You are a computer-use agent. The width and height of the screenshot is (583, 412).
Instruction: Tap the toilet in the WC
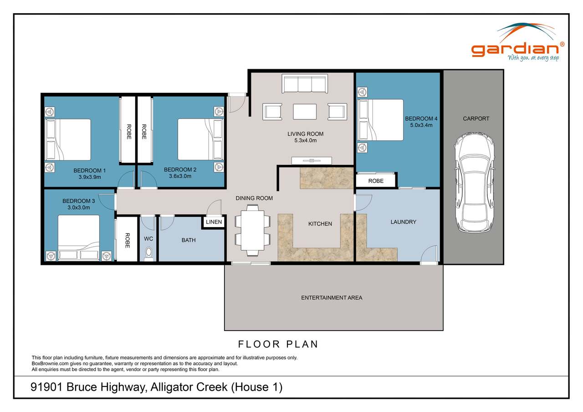tap(148, 254)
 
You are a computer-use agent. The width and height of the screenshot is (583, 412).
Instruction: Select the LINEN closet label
tap(214, 222)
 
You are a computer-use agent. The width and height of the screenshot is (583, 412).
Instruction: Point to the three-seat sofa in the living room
tap(304, 85)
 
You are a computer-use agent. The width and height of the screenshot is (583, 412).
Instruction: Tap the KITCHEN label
tap(320, 224)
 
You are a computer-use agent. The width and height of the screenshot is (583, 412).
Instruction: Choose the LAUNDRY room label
tap(403, 222)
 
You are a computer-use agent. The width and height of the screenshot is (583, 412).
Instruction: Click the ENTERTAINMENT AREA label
tap(332, 298)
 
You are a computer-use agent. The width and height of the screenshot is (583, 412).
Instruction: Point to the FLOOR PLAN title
tap(278, 344)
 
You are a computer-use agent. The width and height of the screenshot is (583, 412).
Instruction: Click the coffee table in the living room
tap(305, 112)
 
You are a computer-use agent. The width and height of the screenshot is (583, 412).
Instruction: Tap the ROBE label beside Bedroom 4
tap(376, 181)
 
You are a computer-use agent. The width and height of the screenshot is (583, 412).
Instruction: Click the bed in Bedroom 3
tap(78, 237)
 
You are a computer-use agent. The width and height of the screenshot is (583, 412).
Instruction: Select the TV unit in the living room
tap(312, 160)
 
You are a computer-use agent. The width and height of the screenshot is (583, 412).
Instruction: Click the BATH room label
tap(189, 240)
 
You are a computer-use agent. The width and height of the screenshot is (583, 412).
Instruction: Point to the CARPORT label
tap(476, 119)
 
